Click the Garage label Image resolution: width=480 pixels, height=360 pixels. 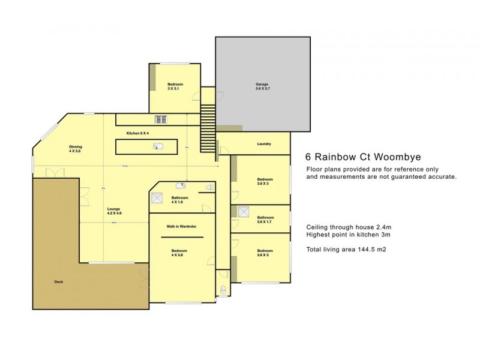[x=262, y=86]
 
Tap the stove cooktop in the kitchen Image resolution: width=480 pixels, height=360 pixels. [x=161, y=119]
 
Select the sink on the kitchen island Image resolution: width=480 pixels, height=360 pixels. [x=158, y=146]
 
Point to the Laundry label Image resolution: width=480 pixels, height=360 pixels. [x=264, y=144]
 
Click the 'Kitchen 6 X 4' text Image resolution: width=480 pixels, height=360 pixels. [x=137, y=133]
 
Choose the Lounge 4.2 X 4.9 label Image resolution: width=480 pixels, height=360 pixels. [x=114, y=211]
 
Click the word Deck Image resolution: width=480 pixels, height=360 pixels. [x=59, y=281]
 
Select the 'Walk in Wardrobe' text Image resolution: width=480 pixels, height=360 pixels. [x=182, y=226]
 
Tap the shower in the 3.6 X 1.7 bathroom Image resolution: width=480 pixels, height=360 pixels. [x=243, y=212]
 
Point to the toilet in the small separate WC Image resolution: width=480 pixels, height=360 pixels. [x=223, y=290]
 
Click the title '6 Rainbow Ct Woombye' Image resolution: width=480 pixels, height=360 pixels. [x=355, y=157]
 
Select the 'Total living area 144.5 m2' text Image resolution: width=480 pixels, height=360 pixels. [x=346, y=249]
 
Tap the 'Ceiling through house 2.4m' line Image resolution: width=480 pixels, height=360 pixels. [x=349, y=227]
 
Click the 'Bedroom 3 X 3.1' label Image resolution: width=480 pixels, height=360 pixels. [x=175, y=86]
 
